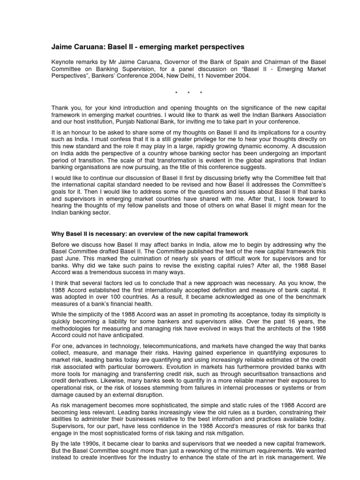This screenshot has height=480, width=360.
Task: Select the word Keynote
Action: click(62, 62)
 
